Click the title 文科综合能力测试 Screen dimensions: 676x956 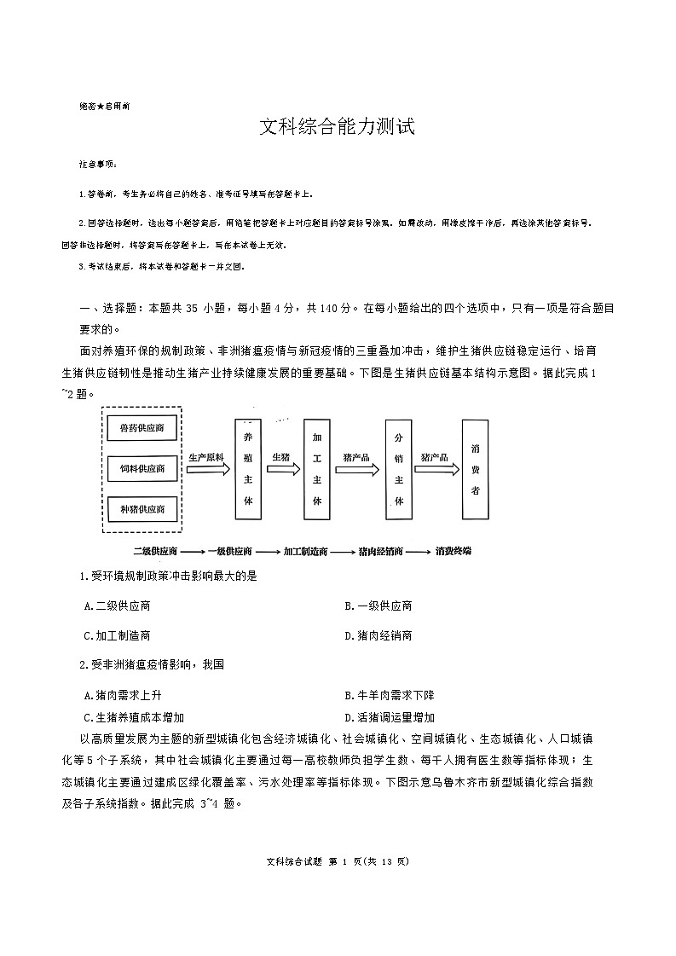337,129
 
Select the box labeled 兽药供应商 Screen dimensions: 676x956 142,428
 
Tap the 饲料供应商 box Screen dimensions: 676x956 142,468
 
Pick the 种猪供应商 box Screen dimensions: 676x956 142,509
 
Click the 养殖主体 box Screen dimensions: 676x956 248,468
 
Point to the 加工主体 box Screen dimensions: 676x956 316,468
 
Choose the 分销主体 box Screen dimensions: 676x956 398,468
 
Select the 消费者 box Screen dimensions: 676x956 475,468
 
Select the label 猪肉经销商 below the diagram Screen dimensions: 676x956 381,551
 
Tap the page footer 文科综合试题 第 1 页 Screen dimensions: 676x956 338,861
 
